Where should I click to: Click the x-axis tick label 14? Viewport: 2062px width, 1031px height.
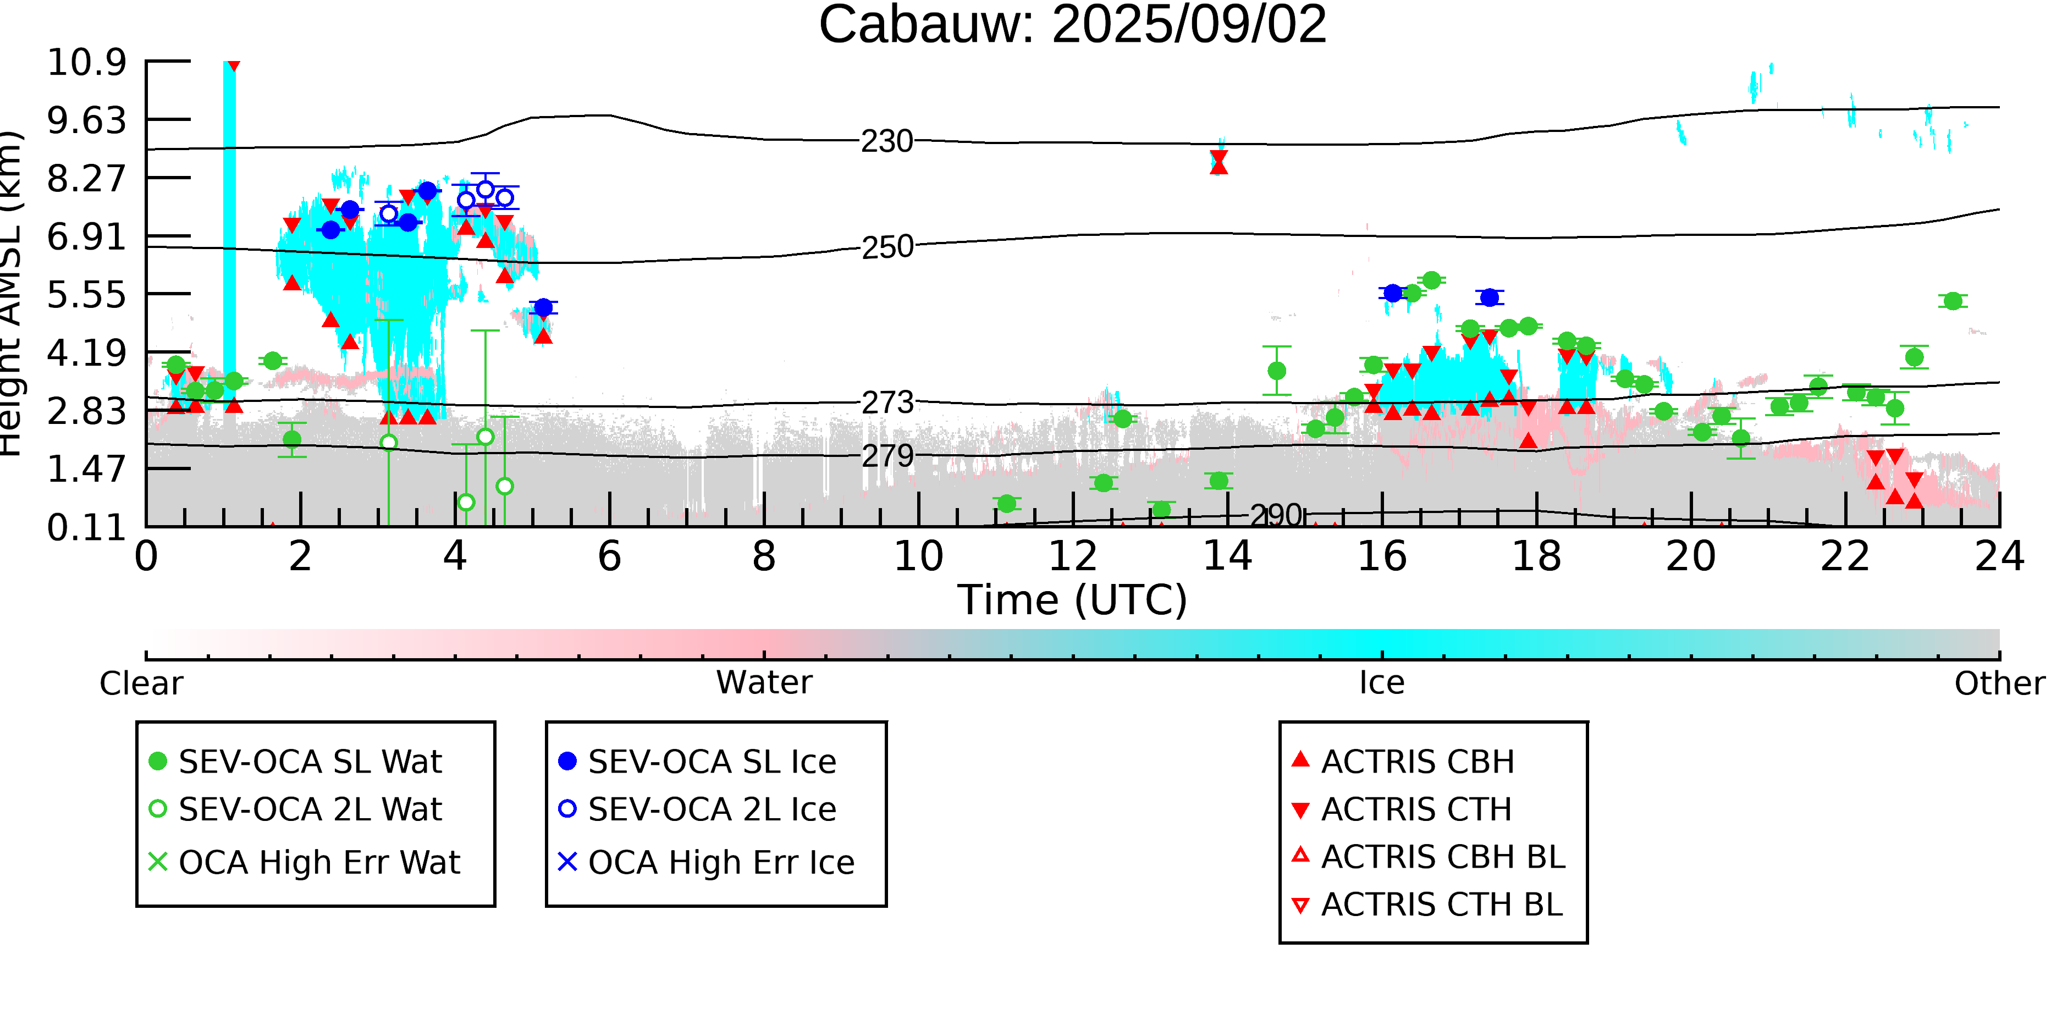[1227, 556]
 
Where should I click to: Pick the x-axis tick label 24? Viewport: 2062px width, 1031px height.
[1999, 556]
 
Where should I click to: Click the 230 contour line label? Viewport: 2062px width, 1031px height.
[887, 142]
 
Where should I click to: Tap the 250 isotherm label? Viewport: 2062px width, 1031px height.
[887, 247]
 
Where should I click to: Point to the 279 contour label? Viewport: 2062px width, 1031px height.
[887, 456]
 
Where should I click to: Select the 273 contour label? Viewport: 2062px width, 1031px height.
[887, 403]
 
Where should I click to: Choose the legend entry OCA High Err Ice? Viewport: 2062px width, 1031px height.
[707, 863]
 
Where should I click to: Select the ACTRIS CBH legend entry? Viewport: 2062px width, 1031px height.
[1403, 761]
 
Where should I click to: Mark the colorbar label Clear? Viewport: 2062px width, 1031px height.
[141, 683]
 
